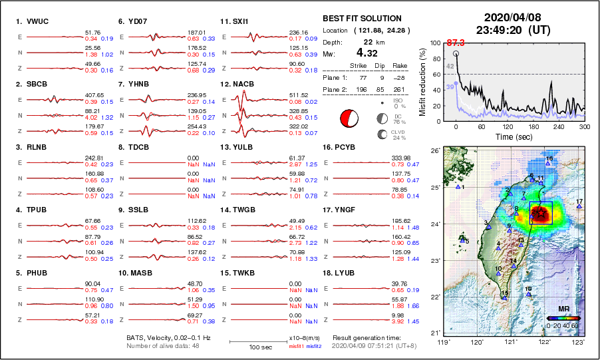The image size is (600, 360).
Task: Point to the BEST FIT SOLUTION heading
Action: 362,19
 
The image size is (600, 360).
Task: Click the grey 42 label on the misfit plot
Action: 450,67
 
